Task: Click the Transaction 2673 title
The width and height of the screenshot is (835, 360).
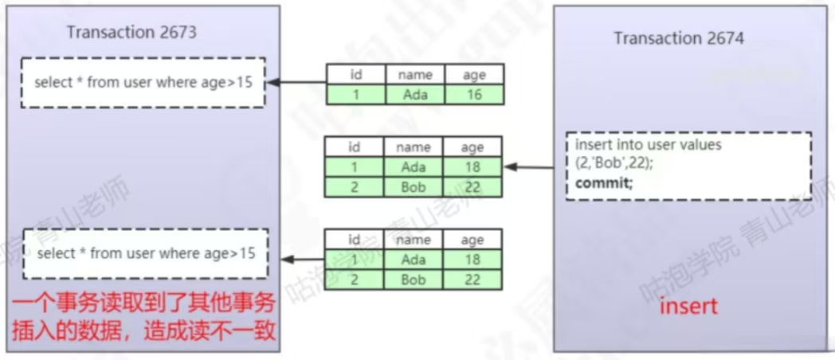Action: pyautogui.click(x=131, y=33)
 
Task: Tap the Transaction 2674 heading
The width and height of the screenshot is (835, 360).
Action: pyautogui.click(x=679, y=38)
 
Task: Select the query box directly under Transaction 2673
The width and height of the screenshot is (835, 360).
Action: pyautogui.click(x=143, y=83)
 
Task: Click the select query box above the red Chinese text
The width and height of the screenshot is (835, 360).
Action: pyautogui.click(x=145, y=253)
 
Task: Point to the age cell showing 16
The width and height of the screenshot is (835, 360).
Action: pyautogui.click(x=474, y=95)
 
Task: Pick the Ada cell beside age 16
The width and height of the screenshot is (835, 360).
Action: pyautogui.click(x=414, y=95)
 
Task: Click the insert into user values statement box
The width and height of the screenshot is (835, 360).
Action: pyautogui.click(x=688, y=166)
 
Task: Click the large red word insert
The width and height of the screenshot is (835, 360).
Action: pyautogui.click(x=688, y=305)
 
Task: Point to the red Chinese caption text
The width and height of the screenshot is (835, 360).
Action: pyautogui.click(x=143, y=318)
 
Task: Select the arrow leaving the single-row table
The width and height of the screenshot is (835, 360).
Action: pyautogui.click(x=296, y=83)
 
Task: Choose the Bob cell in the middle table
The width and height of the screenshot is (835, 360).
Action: pyautogui.click(x=413, y=187)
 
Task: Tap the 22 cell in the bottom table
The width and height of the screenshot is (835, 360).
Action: pyautogui.click(x=472, y=280)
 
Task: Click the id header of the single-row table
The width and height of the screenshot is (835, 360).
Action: pyautogui.click(x=355, y=75)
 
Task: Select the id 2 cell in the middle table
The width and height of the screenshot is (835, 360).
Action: pyautogui.click(x=354, y=187)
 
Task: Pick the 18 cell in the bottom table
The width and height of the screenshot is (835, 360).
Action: pyautogui.click(x=472, y=260)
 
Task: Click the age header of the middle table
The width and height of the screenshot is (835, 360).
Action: pyautogui.click(x=472, y=147)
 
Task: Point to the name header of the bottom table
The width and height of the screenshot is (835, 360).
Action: pyautogui.click(x=413, y=240)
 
